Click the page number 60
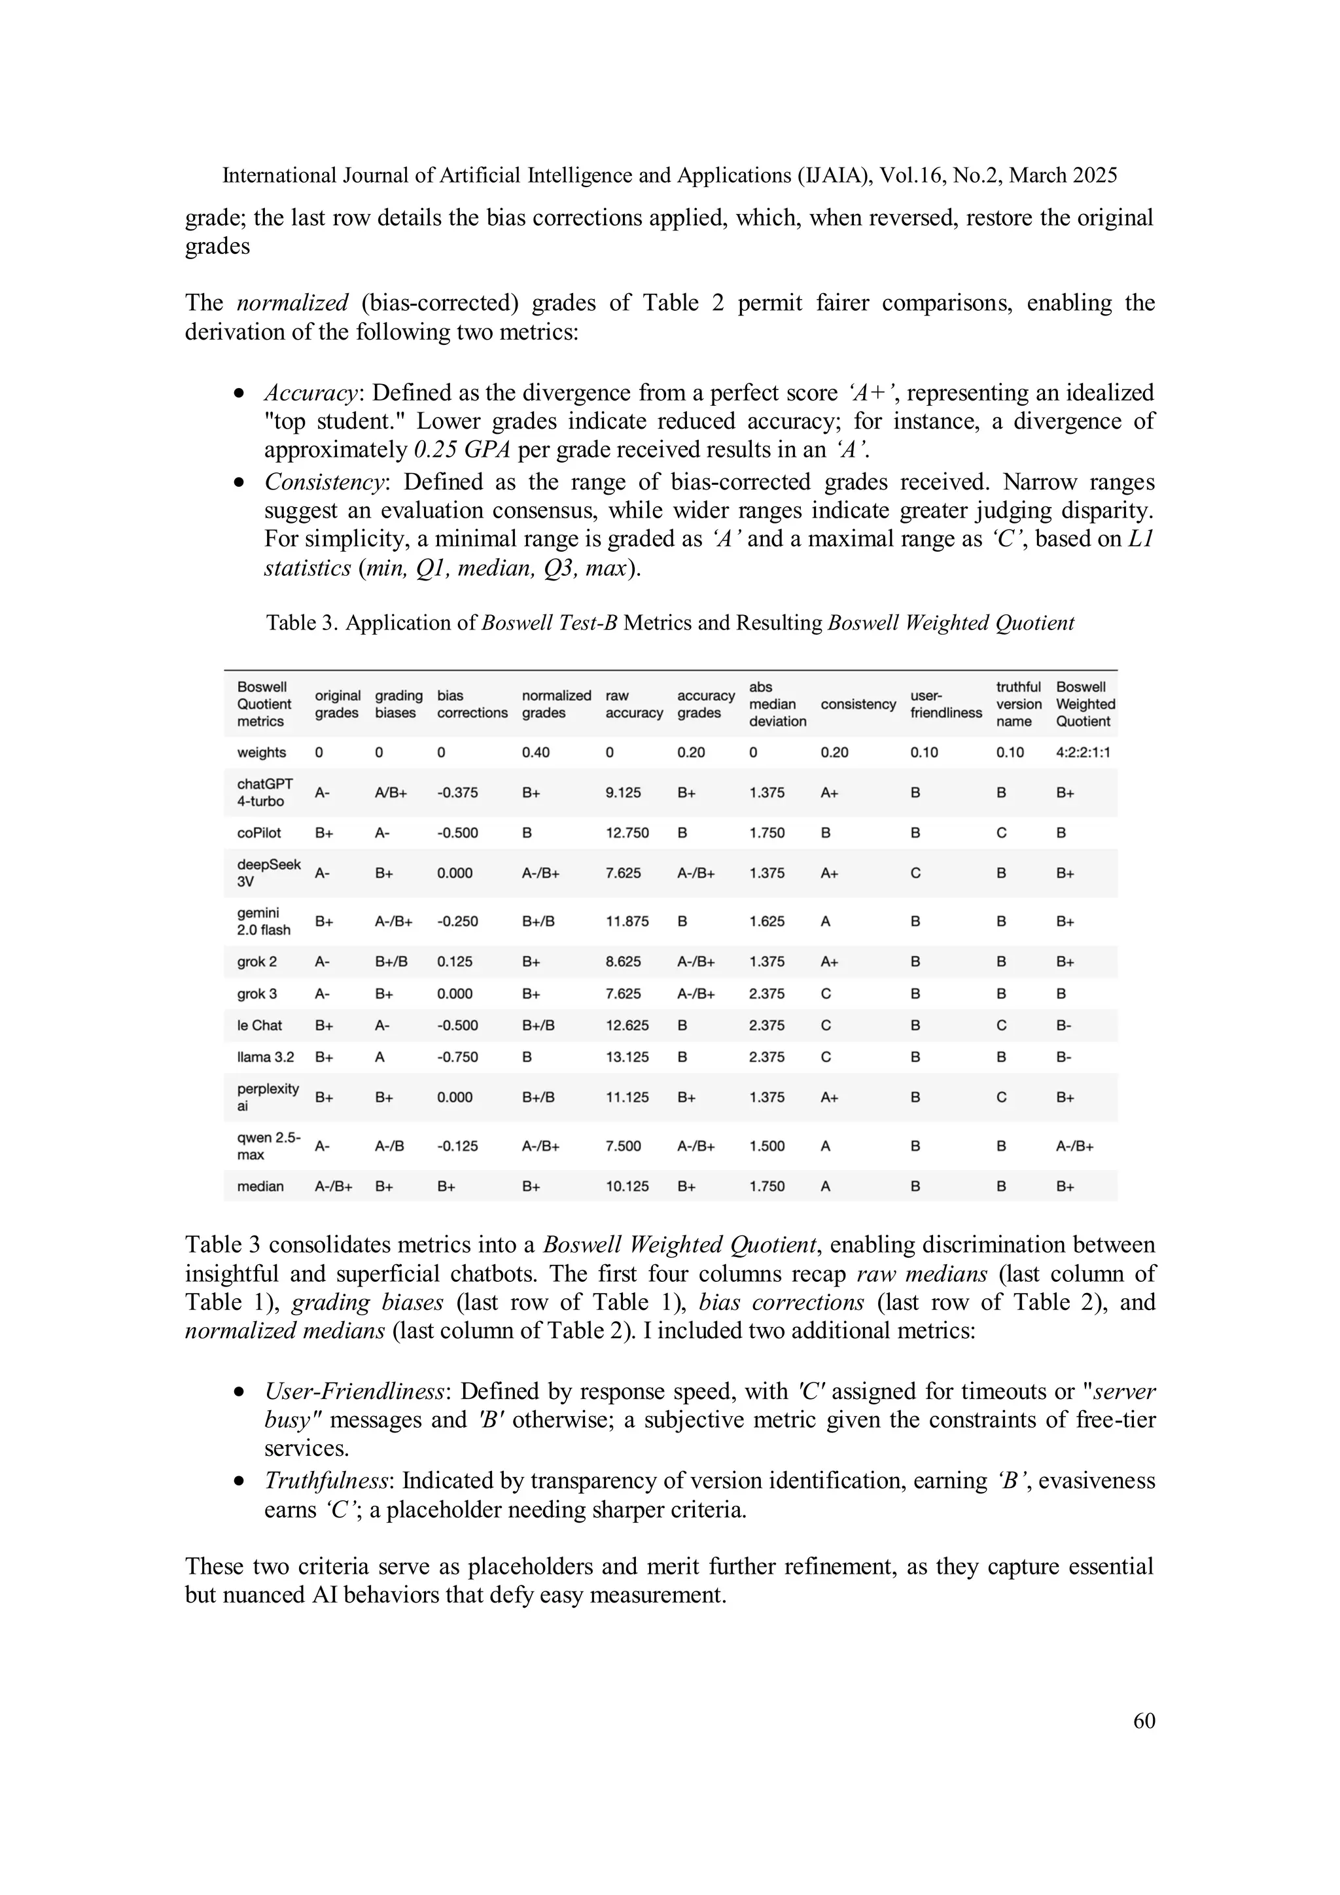[1144, 1720]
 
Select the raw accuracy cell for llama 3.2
[627, 1057]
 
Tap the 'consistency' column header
[858, 704]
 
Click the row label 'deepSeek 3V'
[268, 872]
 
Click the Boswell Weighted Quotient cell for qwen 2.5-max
[1074, 1146]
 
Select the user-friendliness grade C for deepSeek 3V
[915, 873]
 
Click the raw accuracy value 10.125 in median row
[627, 1186]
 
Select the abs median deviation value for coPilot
[767, 833]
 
